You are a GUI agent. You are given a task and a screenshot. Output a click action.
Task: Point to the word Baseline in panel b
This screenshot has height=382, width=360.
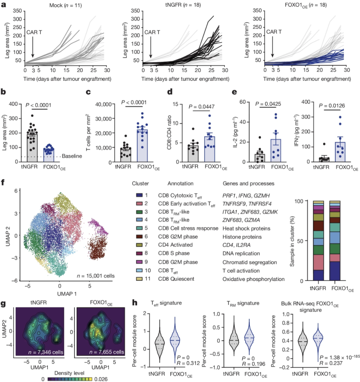(72, 156)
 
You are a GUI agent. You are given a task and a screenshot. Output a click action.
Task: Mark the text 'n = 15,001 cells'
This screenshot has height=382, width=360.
(95, 276)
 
